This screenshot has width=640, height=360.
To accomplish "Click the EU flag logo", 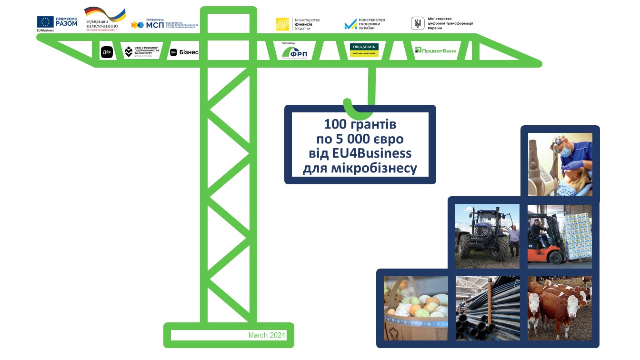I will point(46,22).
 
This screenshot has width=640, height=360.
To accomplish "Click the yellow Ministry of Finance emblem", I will point(282,24).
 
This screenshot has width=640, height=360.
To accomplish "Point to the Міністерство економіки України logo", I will point(365,24).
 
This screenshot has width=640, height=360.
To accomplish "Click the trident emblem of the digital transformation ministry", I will point(418,23).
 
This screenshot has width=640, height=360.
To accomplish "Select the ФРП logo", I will point(294,52).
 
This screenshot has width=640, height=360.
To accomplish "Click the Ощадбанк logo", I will point(364,50).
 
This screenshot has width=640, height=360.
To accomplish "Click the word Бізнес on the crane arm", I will point(189,52).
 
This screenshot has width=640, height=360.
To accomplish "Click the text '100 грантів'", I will point(360,125).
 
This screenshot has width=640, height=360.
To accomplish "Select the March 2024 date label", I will point(267,335).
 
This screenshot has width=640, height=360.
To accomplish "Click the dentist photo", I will point(560,164).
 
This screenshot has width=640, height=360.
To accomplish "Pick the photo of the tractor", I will point(487,236).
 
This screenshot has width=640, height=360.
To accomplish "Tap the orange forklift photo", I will point(560,236).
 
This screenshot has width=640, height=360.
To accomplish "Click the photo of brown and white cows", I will point(560,308).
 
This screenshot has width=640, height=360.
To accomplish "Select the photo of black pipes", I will point(487,308).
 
